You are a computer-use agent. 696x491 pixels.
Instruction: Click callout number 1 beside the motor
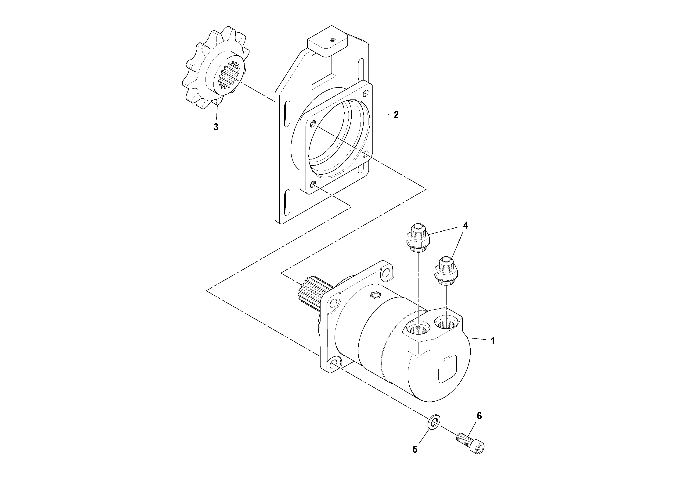[493, 341]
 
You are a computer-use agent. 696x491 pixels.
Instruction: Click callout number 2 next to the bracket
[396, 115]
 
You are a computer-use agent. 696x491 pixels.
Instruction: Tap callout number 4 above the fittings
[465, 225]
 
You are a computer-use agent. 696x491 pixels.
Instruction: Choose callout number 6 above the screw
[479, 416]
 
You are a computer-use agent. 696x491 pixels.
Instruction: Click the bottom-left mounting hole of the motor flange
[334, 364]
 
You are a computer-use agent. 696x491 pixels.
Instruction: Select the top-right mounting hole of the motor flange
[386, 273]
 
